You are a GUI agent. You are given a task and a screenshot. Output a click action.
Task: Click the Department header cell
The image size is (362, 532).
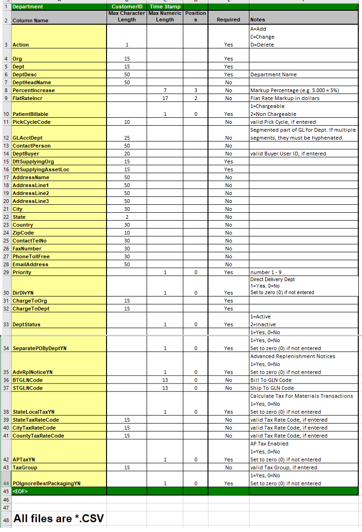click(27, 7)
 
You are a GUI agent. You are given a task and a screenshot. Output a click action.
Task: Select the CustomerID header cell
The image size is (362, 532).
click(127, 7)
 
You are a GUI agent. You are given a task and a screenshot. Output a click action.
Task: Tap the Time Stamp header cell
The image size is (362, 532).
click(165, 7)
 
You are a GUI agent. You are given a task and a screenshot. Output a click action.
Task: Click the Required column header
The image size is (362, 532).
click(228, 20)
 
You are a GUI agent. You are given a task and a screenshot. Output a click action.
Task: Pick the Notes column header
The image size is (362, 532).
click(258, 20)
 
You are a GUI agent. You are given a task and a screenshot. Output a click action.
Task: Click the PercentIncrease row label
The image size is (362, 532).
click(34, 90)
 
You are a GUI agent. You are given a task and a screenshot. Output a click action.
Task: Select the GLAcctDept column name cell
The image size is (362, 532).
click(27, 138)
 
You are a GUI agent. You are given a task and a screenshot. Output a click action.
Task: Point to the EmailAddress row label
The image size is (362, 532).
click(30, 264)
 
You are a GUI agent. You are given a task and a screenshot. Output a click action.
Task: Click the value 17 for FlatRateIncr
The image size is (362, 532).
click(165, 98)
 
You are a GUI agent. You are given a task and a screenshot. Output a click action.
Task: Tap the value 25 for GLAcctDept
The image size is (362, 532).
click(127, 138)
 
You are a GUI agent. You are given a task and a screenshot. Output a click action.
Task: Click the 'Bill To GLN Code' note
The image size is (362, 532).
click(271, 380)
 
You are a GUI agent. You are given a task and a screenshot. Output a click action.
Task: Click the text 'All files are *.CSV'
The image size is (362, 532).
click(59, 519)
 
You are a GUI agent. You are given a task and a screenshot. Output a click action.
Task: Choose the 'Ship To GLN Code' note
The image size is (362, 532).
click(272, 388)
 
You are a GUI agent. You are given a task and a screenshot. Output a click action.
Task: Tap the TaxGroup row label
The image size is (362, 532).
click(25, 467)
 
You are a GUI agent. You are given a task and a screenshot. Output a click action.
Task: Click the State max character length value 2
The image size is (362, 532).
click(127, 217)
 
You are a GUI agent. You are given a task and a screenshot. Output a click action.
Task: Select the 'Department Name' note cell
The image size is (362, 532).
click(274, 74)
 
